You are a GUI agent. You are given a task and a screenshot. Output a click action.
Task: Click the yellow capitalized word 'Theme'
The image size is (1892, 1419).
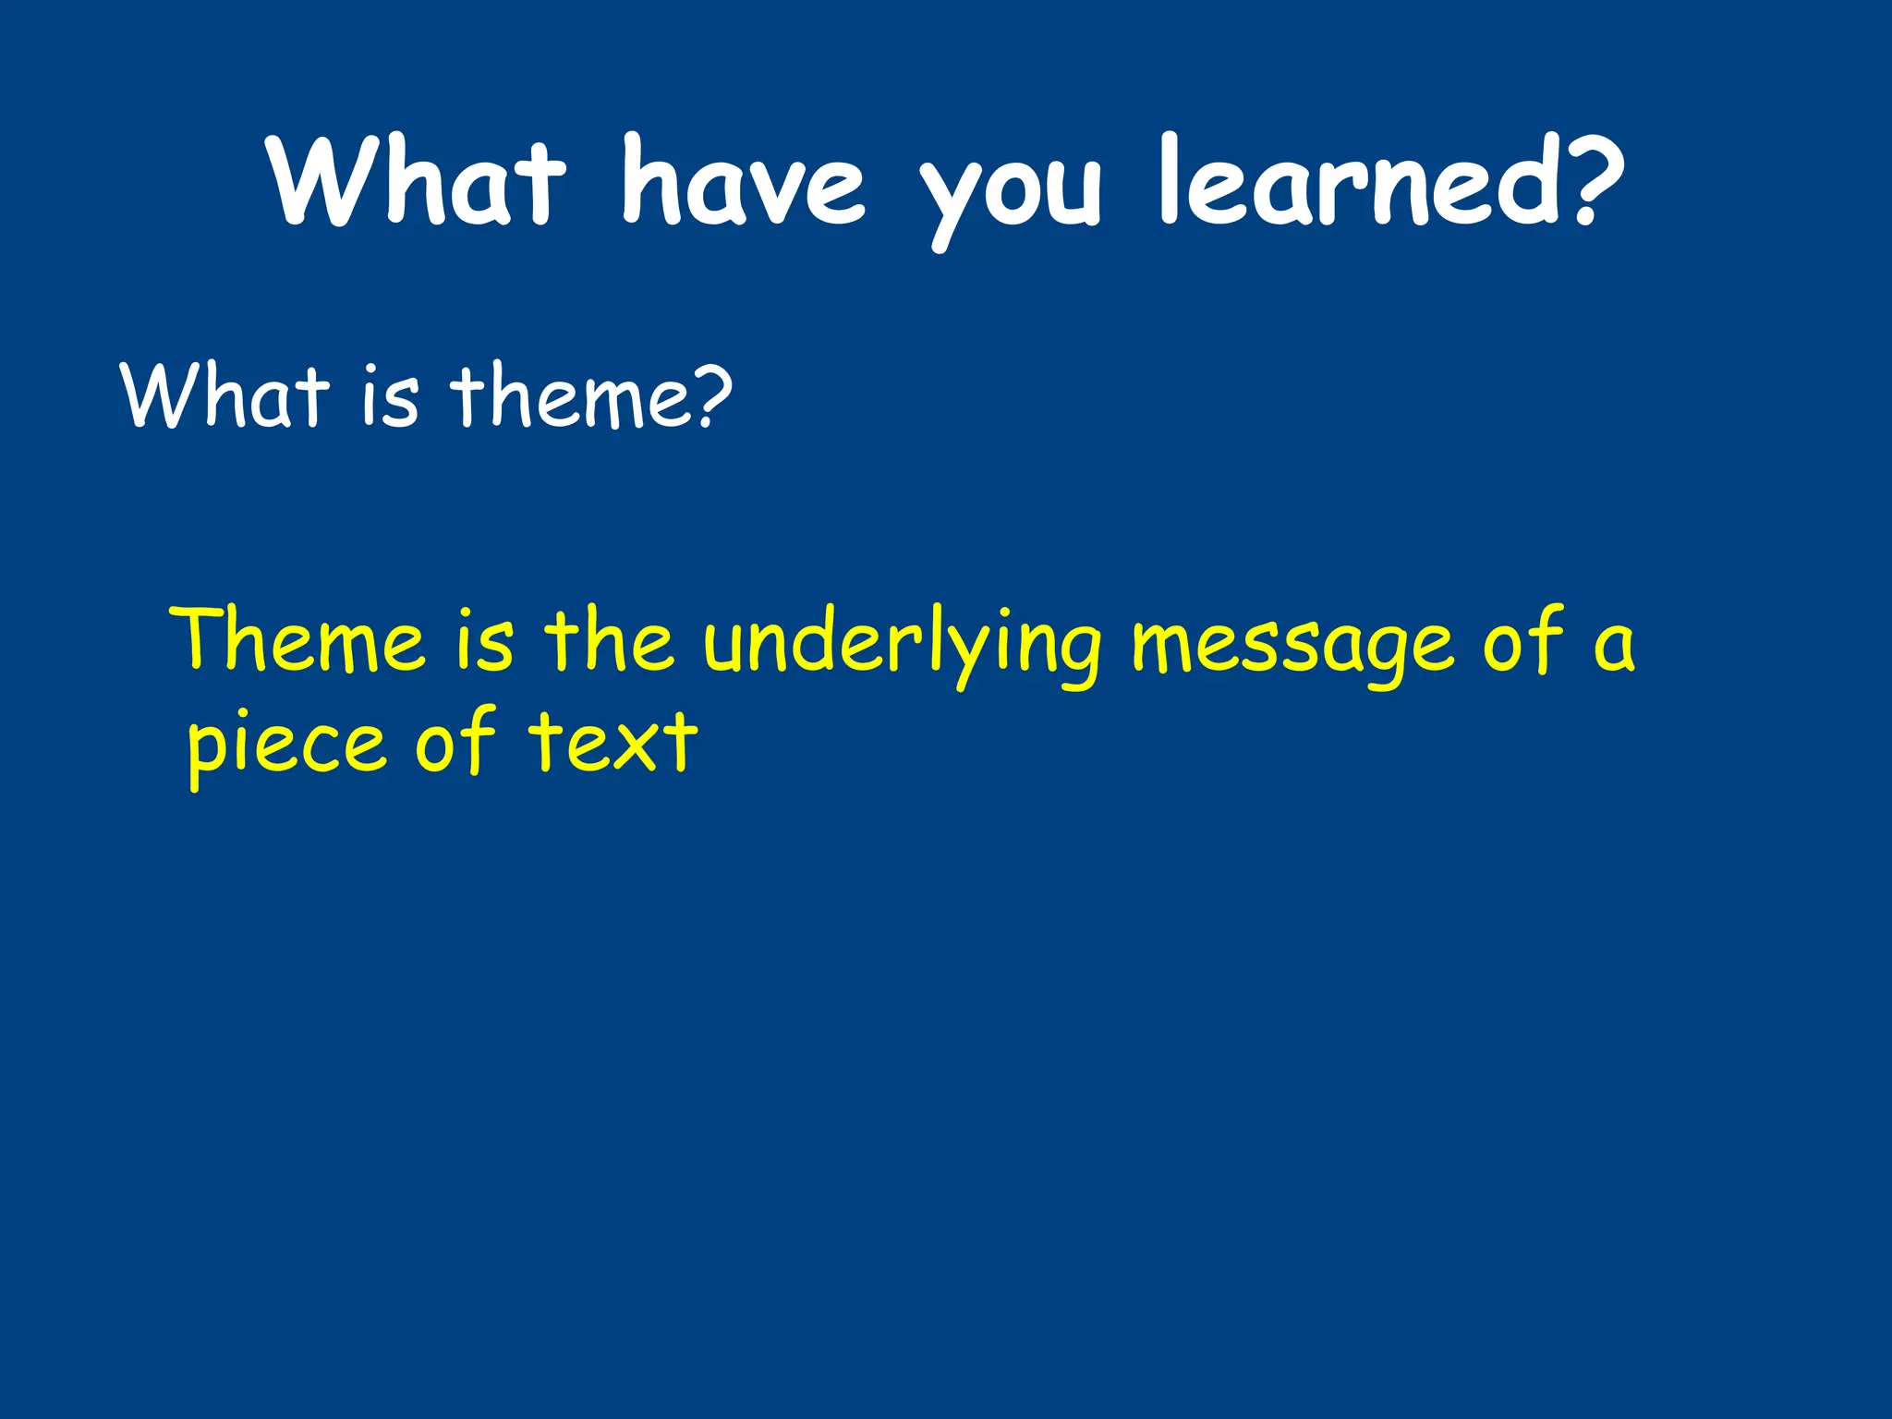click(301, 639)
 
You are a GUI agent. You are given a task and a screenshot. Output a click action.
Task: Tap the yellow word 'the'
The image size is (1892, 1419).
click(609, 639)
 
